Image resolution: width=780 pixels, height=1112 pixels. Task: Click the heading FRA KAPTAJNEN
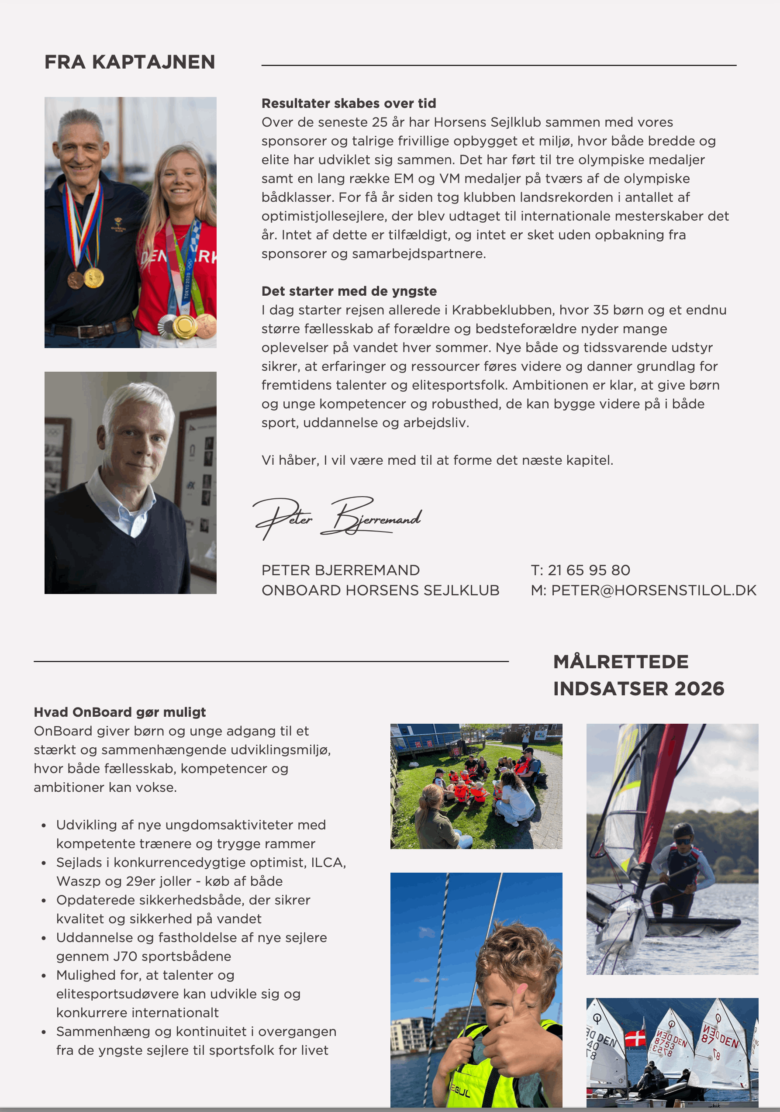(130, 62)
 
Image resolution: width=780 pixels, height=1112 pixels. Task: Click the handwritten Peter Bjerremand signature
(338, 517)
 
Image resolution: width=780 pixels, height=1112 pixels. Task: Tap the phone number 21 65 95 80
(589, 570)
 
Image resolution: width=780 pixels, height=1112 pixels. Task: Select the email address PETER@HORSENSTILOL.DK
(654, 591)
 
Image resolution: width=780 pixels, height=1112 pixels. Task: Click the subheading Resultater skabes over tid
(349, 103)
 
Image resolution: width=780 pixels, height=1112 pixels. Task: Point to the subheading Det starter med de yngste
(349, 291)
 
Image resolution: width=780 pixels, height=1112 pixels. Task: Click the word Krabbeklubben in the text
(502, 310)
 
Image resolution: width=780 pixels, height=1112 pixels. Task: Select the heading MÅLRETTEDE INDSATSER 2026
(638, 675)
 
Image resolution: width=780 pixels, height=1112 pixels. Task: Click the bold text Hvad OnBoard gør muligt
(120, 712)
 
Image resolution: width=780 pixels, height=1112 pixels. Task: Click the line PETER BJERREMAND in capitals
(340, 570)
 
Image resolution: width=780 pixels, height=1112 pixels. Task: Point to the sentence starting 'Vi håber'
(437, 460)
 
